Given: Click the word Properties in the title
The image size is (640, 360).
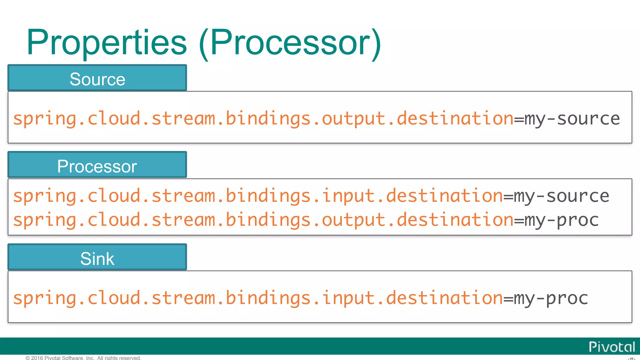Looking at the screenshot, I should (107, 43).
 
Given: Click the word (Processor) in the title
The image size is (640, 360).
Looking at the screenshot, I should (290, 43).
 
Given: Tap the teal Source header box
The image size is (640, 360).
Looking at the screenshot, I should (97, 78).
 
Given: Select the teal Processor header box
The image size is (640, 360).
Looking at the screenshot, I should (97, 165).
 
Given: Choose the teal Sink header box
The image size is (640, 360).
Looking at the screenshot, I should (97, 257).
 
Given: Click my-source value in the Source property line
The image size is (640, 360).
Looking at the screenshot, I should (572, 119).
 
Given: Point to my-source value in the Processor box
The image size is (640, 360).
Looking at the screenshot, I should (562, 196).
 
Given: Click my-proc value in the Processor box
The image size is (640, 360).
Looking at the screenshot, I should (562, 220).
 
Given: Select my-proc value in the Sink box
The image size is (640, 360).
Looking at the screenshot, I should (551, 298).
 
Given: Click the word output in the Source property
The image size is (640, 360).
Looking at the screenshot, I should (353, 119).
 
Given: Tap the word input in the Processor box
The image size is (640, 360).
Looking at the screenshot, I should (348, 196).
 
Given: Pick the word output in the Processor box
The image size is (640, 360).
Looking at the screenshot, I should (353, 220).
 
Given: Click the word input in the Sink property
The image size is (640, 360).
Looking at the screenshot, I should (348, 298).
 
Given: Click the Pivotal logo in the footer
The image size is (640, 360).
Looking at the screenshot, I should (612, 347).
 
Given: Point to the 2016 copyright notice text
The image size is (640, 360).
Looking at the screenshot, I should (83, 358).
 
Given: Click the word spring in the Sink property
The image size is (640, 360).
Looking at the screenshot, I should (45, 298).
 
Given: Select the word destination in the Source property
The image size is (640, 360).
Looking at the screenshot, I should (455, 119).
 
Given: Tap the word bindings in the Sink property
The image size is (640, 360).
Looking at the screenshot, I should (268, 298).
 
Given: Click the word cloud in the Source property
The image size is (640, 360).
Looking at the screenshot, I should (114, 119).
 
